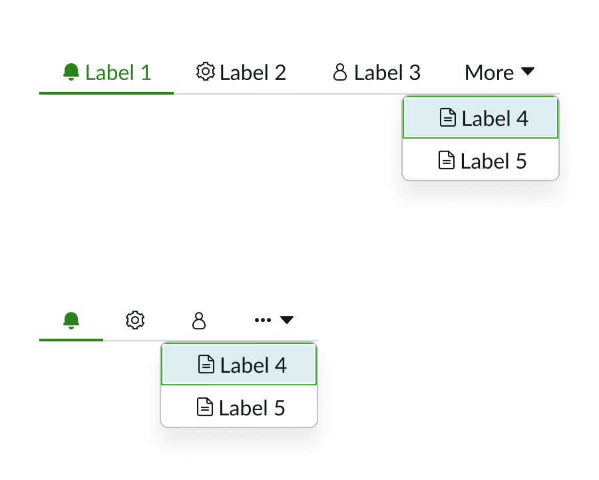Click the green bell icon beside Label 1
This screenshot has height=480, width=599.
click(x=71, y=72)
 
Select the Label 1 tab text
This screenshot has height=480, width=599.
click(x=118, y=72)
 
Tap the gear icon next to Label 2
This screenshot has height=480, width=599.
click(x=206, y=71)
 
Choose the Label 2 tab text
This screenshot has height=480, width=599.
click(x=253, y=72)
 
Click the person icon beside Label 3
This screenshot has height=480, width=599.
click(x=340, y=72)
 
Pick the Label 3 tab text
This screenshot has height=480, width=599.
click(x=387, y=72)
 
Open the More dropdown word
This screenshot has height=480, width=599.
click(x=489, y=72)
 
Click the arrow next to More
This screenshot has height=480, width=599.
click(x=527, y=71)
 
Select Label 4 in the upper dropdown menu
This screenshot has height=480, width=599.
click(x=495, y=119)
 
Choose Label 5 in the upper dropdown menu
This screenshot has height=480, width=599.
click(x=493, y=161)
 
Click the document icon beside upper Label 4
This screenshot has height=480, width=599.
click(x=449, y=118)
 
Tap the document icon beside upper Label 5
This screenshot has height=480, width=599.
click(x=447, y=160)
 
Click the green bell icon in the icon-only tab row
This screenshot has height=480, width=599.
click(x=71, y=320)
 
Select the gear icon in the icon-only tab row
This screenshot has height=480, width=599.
click(x=135, y=320)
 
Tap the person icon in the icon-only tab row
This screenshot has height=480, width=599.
click(x=199, y=321)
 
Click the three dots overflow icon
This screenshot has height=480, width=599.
click(x=263, y=320)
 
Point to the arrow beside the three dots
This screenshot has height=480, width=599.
click(x=286, y=320)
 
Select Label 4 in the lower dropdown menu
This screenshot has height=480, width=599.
click(x=253, y=365)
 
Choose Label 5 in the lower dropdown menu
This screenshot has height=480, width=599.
click(x=252, y=407)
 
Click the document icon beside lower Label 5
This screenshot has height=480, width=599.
click(x=205, y=407)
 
